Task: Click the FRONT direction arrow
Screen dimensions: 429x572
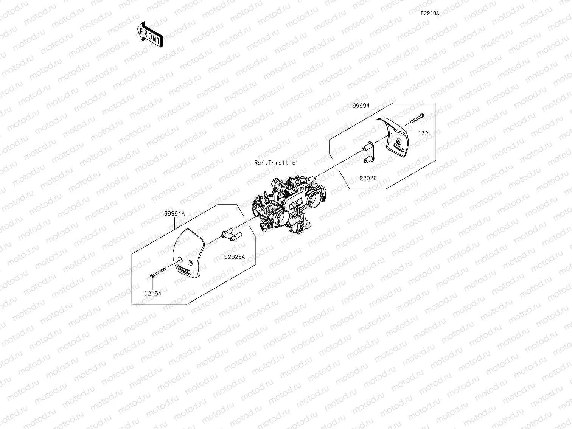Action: coord(150,34)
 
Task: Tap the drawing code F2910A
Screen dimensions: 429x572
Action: coord(430,13)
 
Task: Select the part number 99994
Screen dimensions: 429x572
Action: coord(361,106)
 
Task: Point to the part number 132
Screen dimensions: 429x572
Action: coord(423,133)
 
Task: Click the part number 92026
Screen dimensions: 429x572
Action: coord(368,178)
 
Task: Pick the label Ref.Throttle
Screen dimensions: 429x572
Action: coord(275,163)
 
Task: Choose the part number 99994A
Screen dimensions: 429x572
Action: coord(174,213)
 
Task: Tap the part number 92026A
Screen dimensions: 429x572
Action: coord(235,256)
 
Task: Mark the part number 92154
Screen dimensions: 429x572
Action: coord(152,293)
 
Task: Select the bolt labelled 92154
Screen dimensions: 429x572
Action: coord(158,273)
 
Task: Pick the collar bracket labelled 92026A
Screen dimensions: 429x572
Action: coord(230,236)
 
